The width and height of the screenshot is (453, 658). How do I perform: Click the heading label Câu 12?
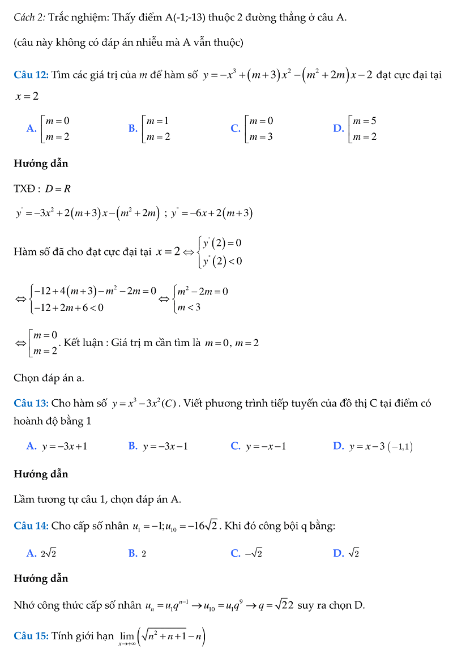tap(31, 75)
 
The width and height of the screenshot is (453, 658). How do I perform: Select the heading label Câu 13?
tap(31, 404)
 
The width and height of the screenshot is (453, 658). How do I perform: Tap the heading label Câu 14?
tap(31, 526)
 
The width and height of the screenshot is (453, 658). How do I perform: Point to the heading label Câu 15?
tap(31, 636)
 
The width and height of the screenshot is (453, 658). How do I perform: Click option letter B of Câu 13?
tap(133, 447)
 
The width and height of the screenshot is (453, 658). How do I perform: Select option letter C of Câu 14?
tap(236, 554)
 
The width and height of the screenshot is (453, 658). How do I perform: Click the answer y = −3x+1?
tap(65, 447)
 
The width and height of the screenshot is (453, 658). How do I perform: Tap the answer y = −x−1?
tap(266, 447)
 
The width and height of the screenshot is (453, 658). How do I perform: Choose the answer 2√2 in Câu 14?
tap(49, 554)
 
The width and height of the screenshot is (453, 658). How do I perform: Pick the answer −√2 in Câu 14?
tap(253, 554)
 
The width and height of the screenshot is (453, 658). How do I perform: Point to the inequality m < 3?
tap(189, 308)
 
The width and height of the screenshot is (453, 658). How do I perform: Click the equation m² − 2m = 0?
tap(202, 292)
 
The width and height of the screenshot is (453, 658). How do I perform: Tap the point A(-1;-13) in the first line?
tap(185, 17)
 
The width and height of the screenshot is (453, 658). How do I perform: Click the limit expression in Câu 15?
tap(162, 638)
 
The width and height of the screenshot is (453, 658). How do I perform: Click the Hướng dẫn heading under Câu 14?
tap(41, 579)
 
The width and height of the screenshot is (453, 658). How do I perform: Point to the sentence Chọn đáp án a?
tap(49, 378)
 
